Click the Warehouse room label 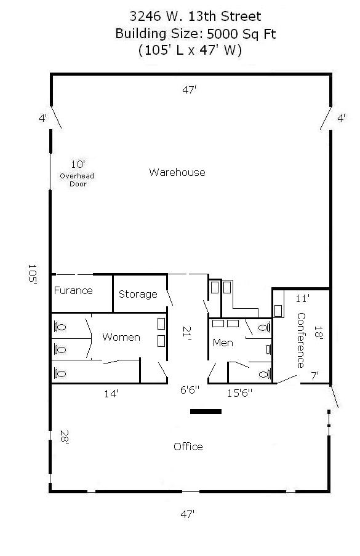(177, 172)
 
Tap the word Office (188, 447)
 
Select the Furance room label (73, 290)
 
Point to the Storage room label (138, 294)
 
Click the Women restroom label (121, 337)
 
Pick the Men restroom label (223, 343)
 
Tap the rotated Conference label (301, 340)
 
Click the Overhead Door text (77, 180)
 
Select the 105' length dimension (33, 274)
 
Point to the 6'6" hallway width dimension (190, 390)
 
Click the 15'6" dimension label (240, 392)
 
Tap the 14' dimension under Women (111, 394)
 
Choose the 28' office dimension (64, 437)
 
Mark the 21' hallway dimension (187, 333)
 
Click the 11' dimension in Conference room (302, 298)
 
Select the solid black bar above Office (206, 411)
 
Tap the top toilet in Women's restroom (60, 326)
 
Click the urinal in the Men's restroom (268, 349)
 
